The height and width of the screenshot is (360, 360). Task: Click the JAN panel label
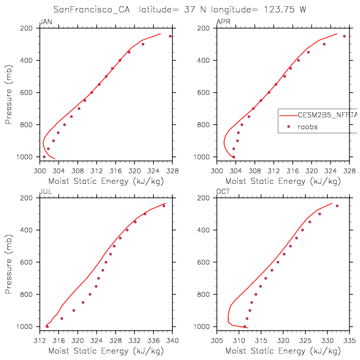(x=46, y=22)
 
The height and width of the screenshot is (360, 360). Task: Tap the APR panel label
(x=223, y=22)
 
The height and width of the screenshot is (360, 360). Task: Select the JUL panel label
(x=46, y=192)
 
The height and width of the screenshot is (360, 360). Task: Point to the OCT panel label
(x=223, y=192)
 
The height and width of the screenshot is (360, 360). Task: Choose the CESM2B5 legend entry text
(x=327, y=115)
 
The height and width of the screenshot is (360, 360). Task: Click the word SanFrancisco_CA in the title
(x=92, y=9)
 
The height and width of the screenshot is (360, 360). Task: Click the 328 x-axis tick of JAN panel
(x=172, y=171)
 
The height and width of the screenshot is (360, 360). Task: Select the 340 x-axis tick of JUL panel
(x=172, y=341)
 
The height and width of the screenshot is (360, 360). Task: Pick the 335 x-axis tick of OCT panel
(x=349, y=341)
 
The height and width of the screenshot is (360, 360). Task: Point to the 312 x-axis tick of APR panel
(x=274, y=171)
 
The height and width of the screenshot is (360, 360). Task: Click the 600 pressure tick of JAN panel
(x=27, y=93)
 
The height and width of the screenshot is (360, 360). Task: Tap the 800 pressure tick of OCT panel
(x=203, y=294)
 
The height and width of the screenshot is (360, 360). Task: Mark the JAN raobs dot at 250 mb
(x=170, y=36)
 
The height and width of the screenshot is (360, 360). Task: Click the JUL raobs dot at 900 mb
(x=74, y=311)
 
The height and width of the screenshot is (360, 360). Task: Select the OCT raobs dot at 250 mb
(x=337, y=206)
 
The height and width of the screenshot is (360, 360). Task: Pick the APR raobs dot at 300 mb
(x=324, y=44)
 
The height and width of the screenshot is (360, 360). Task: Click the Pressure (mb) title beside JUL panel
(x=8, y=264)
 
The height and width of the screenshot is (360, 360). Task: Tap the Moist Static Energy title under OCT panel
(x=283, y=351)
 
